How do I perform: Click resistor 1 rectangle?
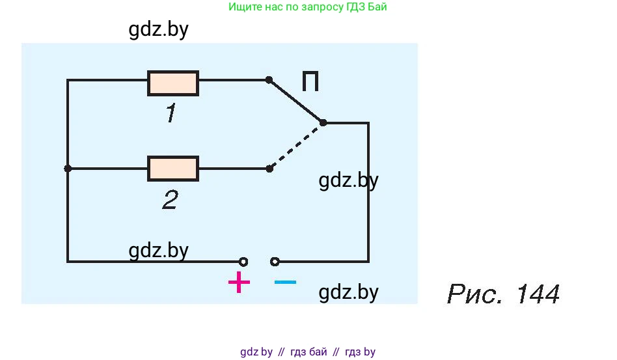(x=173, y=83)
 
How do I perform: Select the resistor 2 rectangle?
(x=173, y=168)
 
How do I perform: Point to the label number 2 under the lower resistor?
(x=170, y=200)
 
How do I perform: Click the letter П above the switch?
(x=310, y=82)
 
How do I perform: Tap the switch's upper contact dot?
(x=269, y=79)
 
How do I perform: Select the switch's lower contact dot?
(x=269, y=169)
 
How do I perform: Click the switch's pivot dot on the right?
(x=323, y=122)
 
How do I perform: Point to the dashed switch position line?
(x=296, y=146)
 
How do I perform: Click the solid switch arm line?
(x=296, y=101)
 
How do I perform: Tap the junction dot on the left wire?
(x=68, y=168)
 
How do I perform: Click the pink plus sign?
(x=239, y=283)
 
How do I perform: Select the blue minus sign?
(x=285, y=282)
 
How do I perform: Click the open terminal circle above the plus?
(x=243, y=262)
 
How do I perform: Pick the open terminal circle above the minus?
(x=275, y=262)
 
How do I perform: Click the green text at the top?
(x=312, y=8)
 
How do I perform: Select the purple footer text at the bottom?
(x=308, y=352)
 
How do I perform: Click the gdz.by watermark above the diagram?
(x=159, y=30)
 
